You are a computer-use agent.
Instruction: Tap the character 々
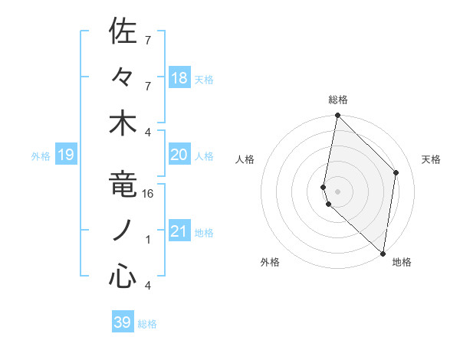tap(123, 77)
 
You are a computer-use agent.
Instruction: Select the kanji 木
tap(123, 123)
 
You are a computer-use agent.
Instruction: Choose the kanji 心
tap(123, 277)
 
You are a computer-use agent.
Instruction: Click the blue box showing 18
tap(179, 78)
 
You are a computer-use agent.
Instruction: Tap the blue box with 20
tap(179, 155)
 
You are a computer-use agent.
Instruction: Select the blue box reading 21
tap(179, 231)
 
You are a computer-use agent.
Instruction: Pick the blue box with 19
tap(65, 155)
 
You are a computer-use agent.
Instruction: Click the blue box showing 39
tap(123, 323)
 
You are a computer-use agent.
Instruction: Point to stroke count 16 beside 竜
tap(149, 194)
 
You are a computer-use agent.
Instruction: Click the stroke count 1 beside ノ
tap(148, 240)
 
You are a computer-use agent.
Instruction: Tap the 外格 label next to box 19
tap(41, 156)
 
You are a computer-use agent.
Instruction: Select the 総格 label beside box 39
tap(147, 324)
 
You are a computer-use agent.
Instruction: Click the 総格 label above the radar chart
tap(338, 100)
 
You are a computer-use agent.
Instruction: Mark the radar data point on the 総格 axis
tap(337, 116)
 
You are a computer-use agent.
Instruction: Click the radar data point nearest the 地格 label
tap(382, 253)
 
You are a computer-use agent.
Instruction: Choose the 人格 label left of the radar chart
tap(245, 159)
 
